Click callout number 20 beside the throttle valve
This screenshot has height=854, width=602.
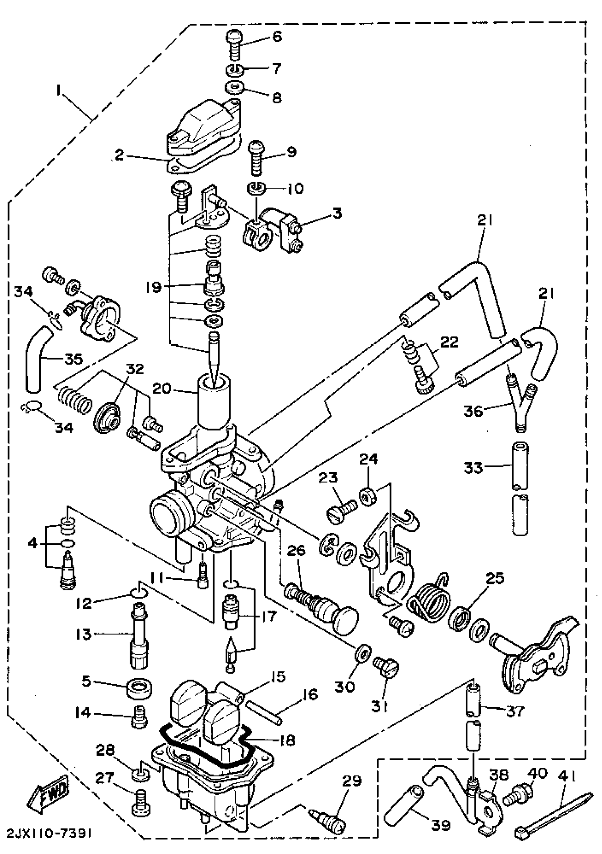click(161, 389)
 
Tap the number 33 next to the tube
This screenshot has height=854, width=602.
click(473, 468)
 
